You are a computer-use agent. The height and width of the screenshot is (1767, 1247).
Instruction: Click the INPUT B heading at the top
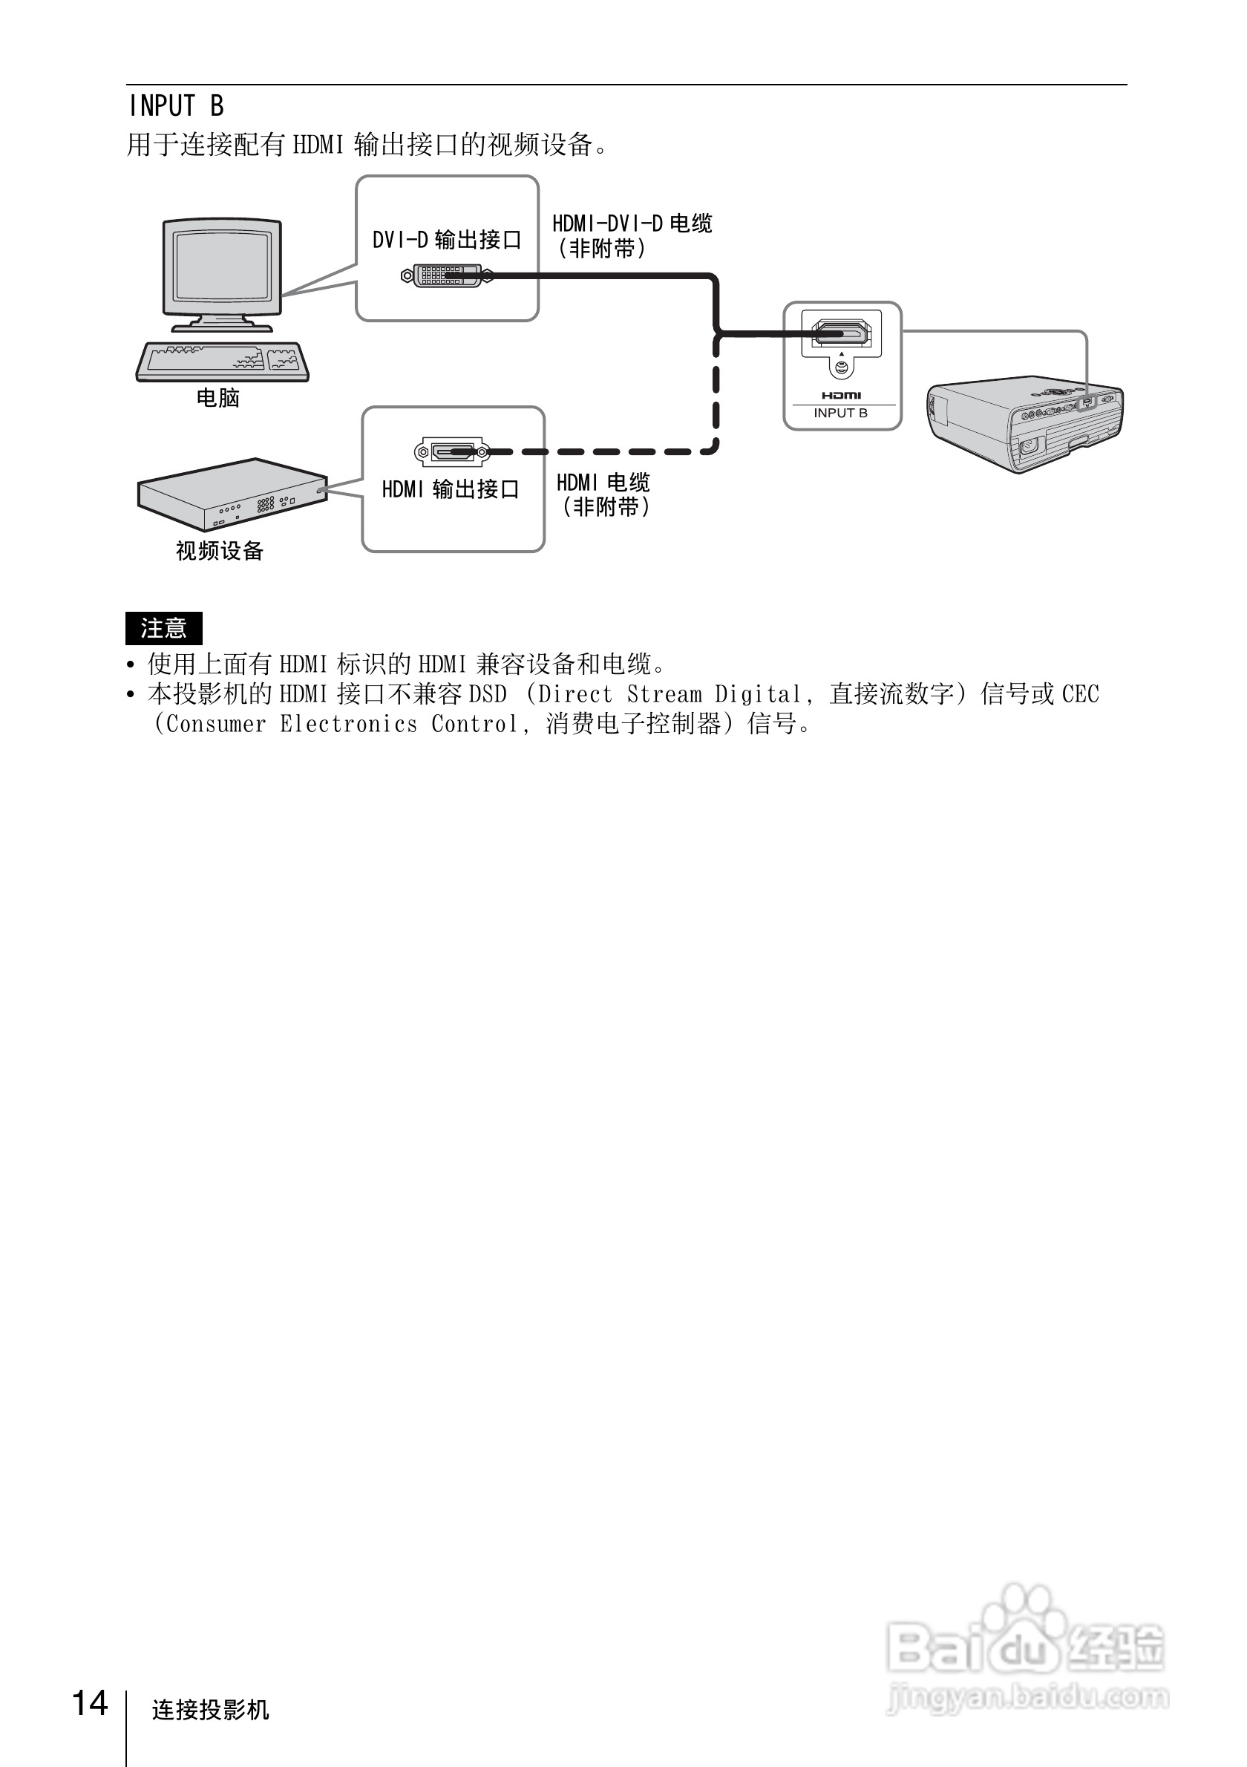point(176,105)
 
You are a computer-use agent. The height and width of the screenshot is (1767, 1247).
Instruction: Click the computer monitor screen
point(221,266)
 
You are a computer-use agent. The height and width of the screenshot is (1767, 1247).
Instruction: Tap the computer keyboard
point(223,361)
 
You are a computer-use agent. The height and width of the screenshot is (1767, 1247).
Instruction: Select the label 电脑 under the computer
point(218,398)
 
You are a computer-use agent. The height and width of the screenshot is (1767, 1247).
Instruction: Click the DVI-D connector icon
point(445,275)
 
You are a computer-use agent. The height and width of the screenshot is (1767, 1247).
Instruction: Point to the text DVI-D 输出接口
point(447,240)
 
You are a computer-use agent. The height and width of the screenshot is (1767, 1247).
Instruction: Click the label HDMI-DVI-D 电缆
point(632,224)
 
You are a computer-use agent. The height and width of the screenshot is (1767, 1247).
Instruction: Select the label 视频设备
point(219,551)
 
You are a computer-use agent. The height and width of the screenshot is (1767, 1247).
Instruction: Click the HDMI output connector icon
point(451,451)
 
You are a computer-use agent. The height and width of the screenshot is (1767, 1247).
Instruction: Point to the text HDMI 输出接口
point(451,489)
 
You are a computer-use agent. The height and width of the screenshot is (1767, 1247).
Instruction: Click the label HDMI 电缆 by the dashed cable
point(603,483)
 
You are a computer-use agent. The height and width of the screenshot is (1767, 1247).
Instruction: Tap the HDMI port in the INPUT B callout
point(841,333)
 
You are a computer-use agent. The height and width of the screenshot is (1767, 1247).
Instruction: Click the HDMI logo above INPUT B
point(841,396)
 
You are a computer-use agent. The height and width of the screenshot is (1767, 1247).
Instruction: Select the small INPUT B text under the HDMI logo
point(841,414)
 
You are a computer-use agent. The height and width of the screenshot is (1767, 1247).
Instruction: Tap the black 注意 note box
point(164,629)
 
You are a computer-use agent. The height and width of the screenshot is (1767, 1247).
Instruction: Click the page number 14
point(90,1704)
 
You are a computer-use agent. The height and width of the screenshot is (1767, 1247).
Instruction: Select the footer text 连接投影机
point(211,1709)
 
